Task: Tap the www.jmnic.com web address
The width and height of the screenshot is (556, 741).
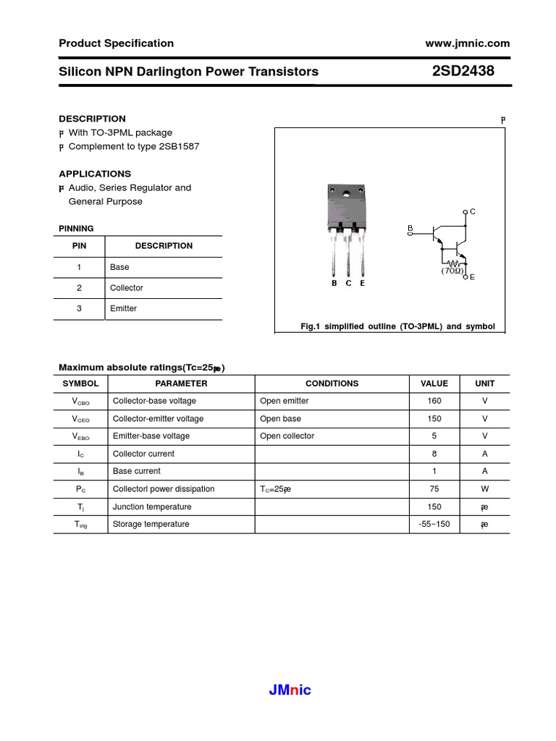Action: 468,43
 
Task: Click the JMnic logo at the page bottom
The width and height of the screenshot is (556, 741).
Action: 290,690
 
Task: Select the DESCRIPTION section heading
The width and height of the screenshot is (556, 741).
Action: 92,119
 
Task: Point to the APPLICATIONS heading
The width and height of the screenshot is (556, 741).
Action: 95,174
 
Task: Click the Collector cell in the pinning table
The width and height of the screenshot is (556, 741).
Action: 127,288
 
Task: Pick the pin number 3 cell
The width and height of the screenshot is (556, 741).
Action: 80,308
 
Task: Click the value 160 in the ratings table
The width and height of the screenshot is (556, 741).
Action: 434,401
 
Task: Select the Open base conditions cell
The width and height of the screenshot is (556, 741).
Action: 281,418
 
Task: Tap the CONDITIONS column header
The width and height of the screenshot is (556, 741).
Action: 332,384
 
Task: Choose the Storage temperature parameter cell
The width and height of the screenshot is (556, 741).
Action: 151,524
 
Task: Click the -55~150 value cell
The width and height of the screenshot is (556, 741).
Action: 434,524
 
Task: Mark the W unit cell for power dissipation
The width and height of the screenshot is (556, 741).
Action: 484,488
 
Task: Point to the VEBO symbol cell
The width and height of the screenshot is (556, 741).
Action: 80,436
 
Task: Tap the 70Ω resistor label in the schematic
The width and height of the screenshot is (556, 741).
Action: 452,271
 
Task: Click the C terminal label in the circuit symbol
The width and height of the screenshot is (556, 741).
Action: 472,211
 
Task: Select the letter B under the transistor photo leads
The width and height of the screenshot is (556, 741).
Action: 334,283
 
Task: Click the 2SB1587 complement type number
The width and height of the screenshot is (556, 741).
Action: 178,146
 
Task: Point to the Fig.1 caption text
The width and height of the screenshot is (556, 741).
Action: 397,326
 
